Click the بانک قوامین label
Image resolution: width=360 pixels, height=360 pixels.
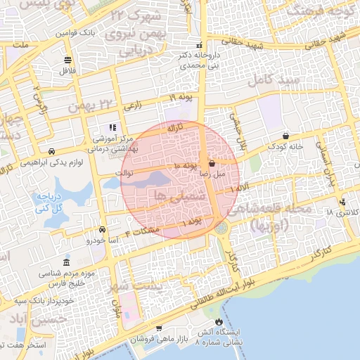(x=92, y=33)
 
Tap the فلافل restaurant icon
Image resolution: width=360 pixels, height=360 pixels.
(x=67, y=60)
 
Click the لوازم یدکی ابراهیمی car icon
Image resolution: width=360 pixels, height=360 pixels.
(x=52, y=151)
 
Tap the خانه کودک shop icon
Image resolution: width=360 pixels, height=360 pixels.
(x=285, y=136)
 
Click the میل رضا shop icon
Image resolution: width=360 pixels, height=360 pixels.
(x=212, y=162)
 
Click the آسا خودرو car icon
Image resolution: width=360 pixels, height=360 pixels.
(x=103, y=229)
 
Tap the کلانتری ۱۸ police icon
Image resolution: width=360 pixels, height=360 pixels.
(x=342, y=203)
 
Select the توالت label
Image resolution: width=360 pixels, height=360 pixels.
(x=123, y=172)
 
